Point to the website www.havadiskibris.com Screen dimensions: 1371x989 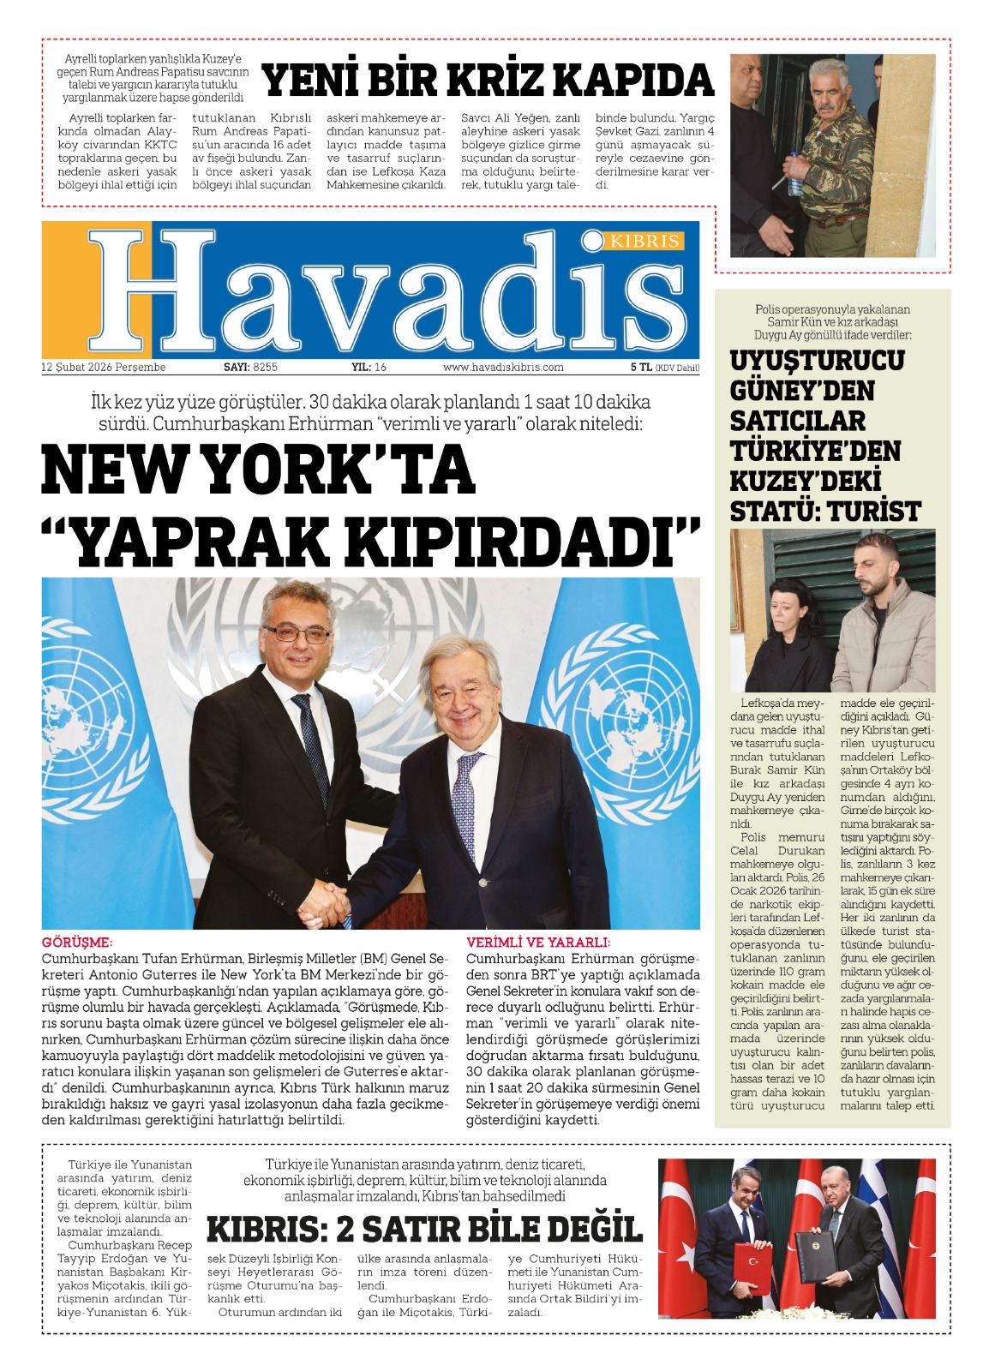point(503,368)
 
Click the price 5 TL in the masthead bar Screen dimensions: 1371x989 point(640,368)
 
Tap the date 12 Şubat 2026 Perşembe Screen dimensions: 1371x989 point(104,368)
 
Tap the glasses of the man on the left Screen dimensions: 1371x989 point(297,634)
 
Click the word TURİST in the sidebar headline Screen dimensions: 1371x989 point(874,512)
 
